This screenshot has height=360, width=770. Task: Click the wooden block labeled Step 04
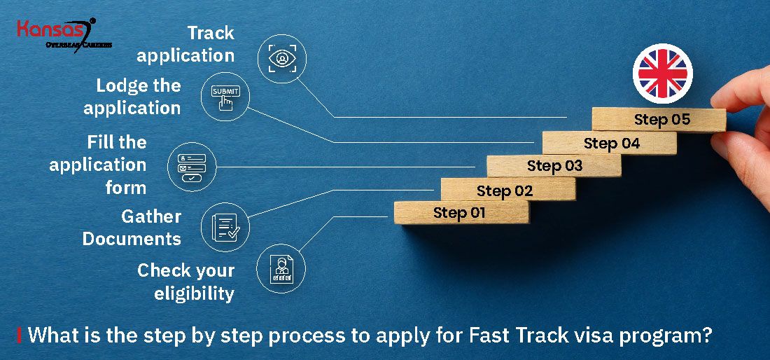pyautogui.click(x=610, y=144)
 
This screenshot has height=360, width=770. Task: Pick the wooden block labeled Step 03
pyautogui.click(x=554, y=166)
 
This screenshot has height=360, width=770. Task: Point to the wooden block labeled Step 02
pyautogui.click(x=506, y=190)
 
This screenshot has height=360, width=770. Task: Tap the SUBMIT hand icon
pyautogui.click(x=225, y=98)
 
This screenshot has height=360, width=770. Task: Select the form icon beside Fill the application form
pyautogui.click(x=191, y=166)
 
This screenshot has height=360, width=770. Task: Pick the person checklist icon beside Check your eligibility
pyautogui.click(x=281, y=268)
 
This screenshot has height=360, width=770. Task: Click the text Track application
pyautogui.click(x=201, y=44)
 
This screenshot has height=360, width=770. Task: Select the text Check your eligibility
pyautogui.click(x=186, y=282)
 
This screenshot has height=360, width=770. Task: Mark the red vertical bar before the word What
pyautogui.click(x=20, y=335)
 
